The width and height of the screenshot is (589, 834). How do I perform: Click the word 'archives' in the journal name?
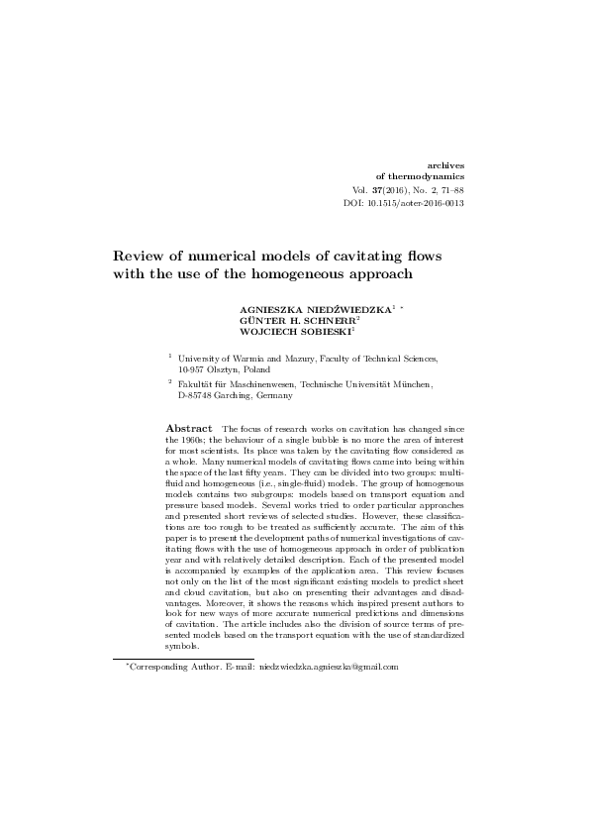[x=444, y=162]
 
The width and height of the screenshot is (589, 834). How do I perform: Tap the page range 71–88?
[x=450, y=189]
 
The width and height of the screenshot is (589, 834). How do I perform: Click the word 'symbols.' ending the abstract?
[x=182, y=646]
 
